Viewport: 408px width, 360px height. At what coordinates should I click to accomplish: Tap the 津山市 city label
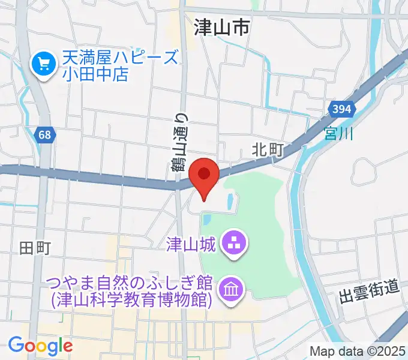coord(221,28)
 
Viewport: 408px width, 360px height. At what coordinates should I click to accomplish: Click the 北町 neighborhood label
coord(267,149)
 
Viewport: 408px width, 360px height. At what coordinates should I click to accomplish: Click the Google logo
coord(40,345)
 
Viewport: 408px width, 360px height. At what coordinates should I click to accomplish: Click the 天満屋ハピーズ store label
coord(120,59)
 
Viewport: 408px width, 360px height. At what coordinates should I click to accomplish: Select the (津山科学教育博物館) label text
coord(132,299)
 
